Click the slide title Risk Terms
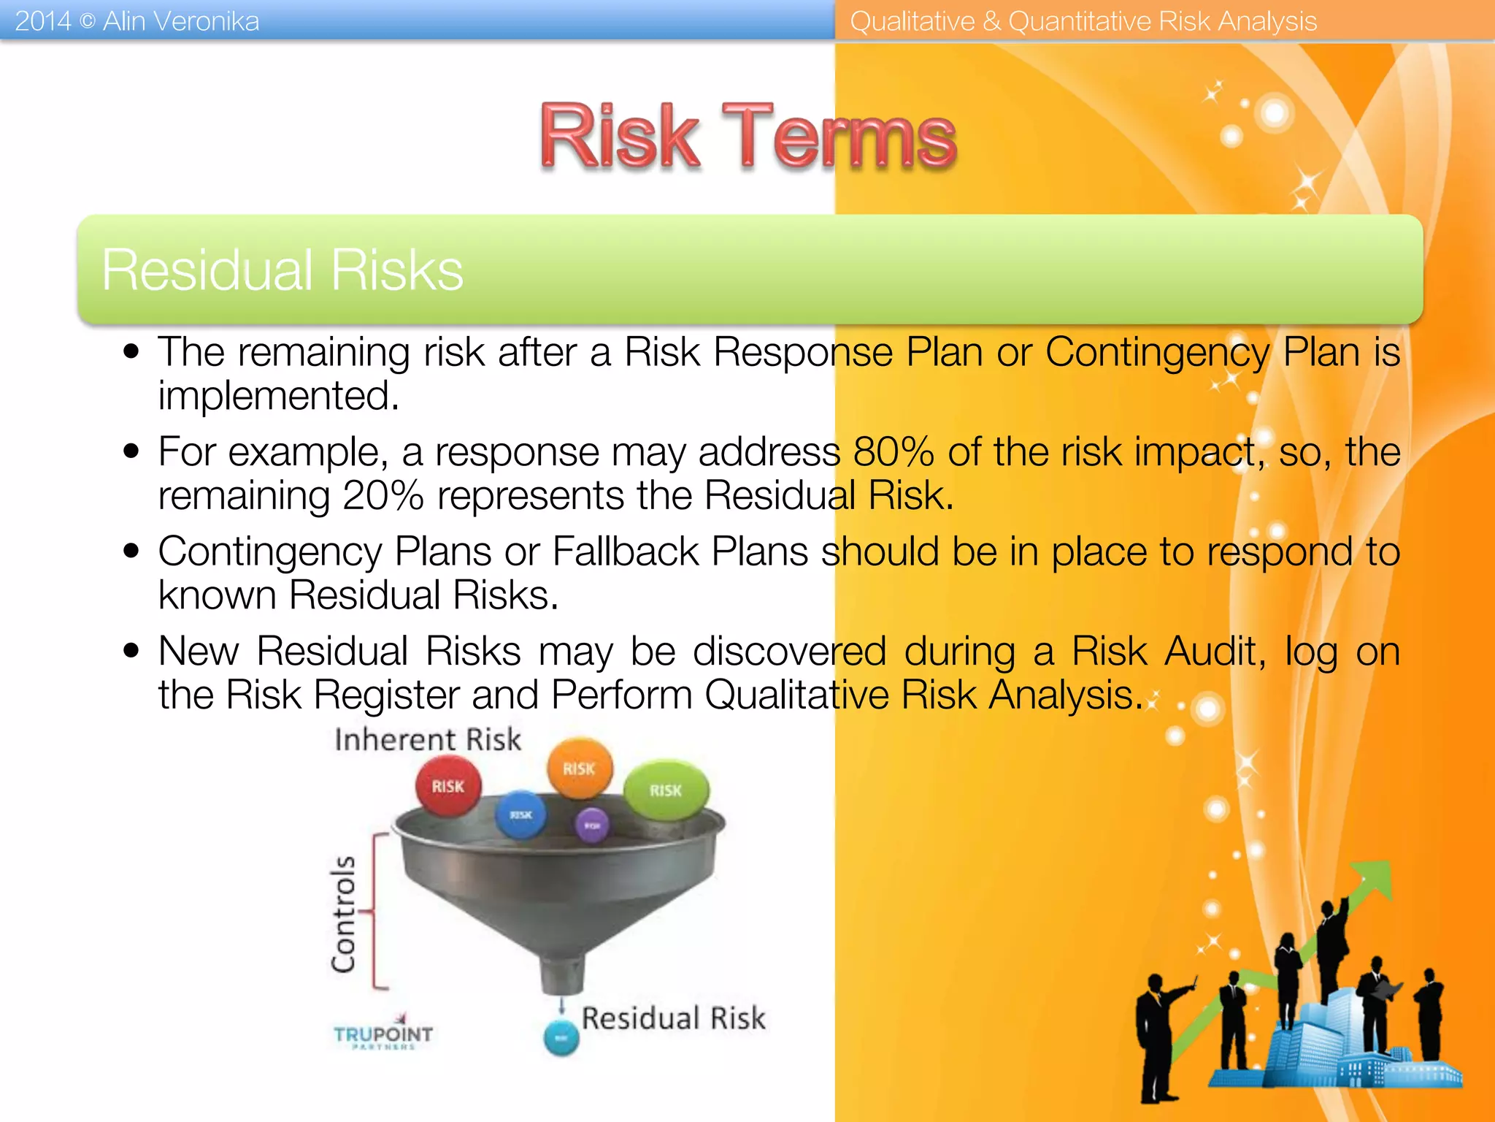tap(747, 137)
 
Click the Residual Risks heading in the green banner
tap(282, 270)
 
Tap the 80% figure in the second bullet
tap(893, 451)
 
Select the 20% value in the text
tap(383, 496)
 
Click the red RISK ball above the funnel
tap(447, 786)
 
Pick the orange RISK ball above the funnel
tap(580, 768)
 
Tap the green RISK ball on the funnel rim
tap(665, 790)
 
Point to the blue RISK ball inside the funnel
tap(520, 814)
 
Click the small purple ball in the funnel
tap(592, 825)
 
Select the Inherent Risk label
tap(428, 739)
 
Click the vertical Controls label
tap(343, 914)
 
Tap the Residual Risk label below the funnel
tap(673, 1018)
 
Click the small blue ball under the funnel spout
tap(561, 1038)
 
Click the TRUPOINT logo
tap(383, 1034)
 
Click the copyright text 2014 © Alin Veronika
tap(137, 21)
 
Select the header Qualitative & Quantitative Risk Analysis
tap(1083, 21)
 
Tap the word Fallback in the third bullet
tap(625, 551)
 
